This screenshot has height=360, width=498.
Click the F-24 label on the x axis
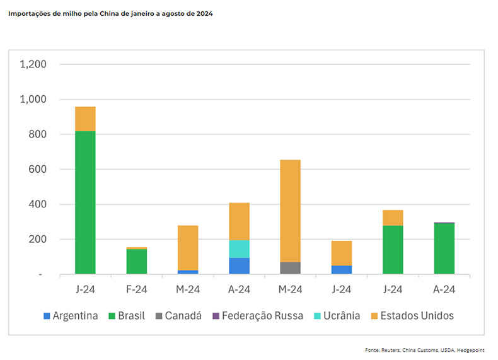(x=136, y=289)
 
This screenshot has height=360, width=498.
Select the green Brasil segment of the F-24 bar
(x=136, y=262)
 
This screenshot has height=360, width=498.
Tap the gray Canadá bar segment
(x=290, y=268)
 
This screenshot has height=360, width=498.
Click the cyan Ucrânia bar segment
(x=239, y=249)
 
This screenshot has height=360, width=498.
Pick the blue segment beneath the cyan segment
(x=239, y=266)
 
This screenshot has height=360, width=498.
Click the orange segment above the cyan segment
(x=239, y=221)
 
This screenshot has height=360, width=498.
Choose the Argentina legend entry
(x=70, y=316)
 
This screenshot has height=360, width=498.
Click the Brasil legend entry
(x=130, y=316)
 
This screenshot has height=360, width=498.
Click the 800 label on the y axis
(x=38, y=134)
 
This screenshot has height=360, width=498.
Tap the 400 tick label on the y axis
(x=38, y=204)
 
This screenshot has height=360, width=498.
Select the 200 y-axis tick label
(x=38, y=240)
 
